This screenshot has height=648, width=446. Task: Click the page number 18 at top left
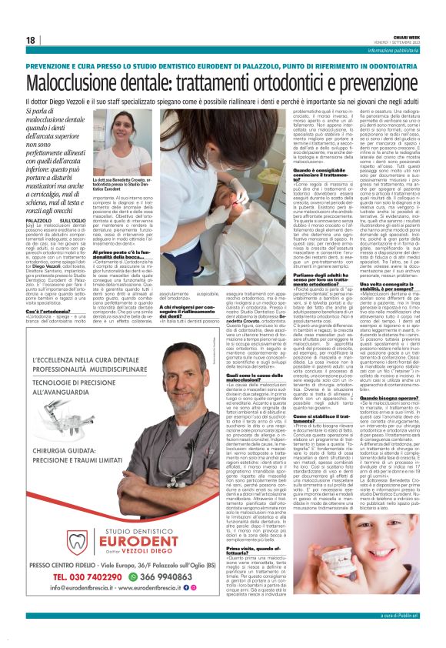[x=30, y=40]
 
